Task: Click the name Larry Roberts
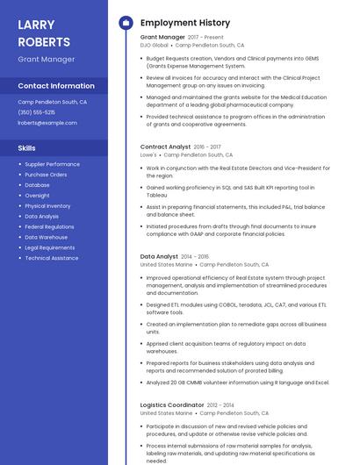[x=44, y=32]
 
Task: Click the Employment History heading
[x=185, y=23]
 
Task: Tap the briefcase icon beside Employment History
[x=125, y=23]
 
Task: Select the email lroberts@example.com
[x=47, y=123]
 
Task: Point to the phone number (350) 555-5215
[x=37, y=112]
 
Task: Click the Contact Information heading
[x=56, y=86]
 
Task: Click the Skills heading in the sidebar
[x=27, y=148]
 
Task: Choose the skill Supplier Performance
[x=52, y=164]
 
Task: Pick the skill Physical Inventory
[x=47, y=206]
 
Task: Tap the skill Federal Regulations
[x=49, y=226]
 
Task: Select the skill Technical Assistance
[x=51, y=258]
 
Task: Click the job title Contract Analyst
[x=165, y=147]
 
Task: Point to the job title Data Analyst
[x=159, y=256]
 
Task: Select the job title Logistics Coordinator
[x=172, y=404]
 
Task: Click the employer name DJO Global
[x=154, y=45]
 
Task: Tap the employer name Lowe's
[x=148, y=154]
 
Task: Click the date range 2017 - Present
[x=205, y=38]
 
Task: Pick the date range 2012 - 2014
[x=224, y=404]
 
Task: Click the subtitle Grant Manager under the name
[x=47, y=60]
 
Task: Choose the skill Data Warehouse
[x=46, y=237]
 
